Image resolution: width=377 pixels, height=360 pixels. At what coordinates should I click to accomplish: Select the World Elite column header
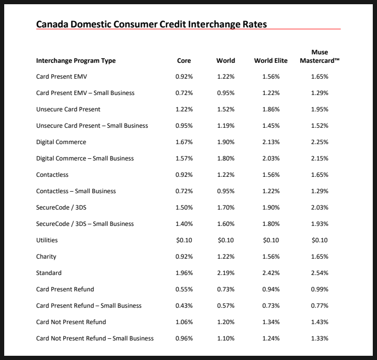click(270, 61)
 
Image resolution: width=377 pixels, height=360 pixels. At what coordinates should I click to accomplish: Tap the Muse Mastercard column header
click(320, 56)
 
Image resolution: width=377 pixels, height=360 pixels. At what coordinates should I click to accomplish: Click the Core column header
click(184, 61)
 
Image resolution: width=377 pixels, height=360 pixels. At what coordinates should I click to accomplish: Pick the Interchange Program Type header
click(76, 61)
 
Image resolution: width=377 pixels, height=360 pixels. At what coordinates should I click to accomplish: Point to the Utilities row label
click(47, 240)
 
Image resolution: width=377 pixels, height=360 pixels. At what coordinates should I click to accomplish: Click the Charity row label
click(46, 257)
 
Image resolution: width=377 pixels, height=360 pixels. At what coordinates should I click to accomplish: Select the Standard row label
click(49, 273)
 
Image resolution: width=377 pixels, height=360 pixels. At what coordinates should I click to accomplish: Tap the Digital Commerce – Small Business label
click(85, 158)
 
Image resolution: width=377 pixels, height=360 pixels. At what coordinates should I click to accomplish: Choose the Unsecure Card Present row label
click(68, 109)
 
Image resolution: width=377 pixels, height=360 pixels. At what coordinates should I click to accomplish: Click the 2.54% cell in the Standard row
click(320, 273)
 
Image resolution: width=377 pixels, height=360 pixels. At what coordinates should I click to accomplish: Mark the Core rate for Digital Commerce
click(184, 142)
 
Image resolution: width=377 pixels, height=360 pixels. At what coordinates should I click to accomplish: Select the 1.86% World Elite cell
click(270, 109)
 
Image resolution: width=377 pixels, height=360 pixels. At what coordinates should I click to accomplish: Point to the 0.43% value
click(184, 306)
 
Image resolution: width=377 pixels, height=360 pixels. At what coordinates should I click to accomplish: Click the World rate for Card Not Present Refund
click(226, 322)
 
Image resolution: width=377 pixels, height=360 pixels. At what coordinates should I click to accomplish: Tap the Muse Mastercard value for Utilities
click(320, 240)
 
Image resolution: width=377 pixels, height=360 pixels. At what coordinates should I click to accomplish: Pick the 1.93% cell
click(320, 224)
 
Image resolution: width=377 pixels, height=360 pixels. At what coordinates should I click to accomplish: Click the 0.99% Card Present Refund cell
click(320, 289)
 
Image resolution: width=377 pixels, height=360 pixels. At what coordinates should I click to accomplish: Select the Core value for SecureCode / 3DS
click(184, 207)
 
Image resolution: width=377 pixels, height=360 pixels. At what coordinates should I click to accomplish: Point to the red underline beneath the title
click(188, 29)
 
